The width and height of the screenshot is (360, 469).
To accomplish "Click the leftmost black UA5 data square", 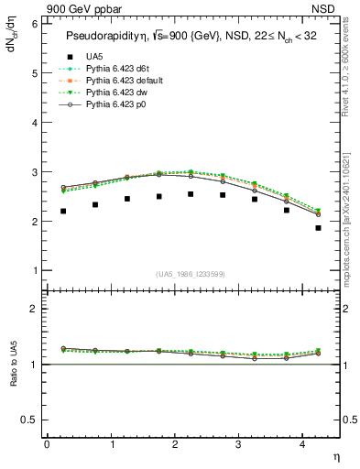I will [x=63, y=211].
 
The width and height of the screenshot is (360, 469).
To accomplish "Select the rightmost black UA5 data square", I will [x=318, y=228].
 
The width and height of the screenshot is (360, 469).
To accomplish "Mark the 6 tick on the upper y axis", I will [x=35, y=24].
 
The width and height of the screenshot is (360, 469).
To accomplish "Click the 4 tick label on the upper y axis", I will [x=35, y=123].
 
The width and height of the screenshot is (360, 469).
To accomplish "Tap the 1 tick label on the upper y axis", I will [x=35, y=271].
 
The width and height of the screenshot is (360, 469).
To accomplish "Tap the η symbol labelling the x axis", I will [x=334, y=456].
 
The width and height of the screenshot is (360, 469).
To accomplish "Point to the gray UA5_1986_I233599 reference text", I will [x=193, y=274].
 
